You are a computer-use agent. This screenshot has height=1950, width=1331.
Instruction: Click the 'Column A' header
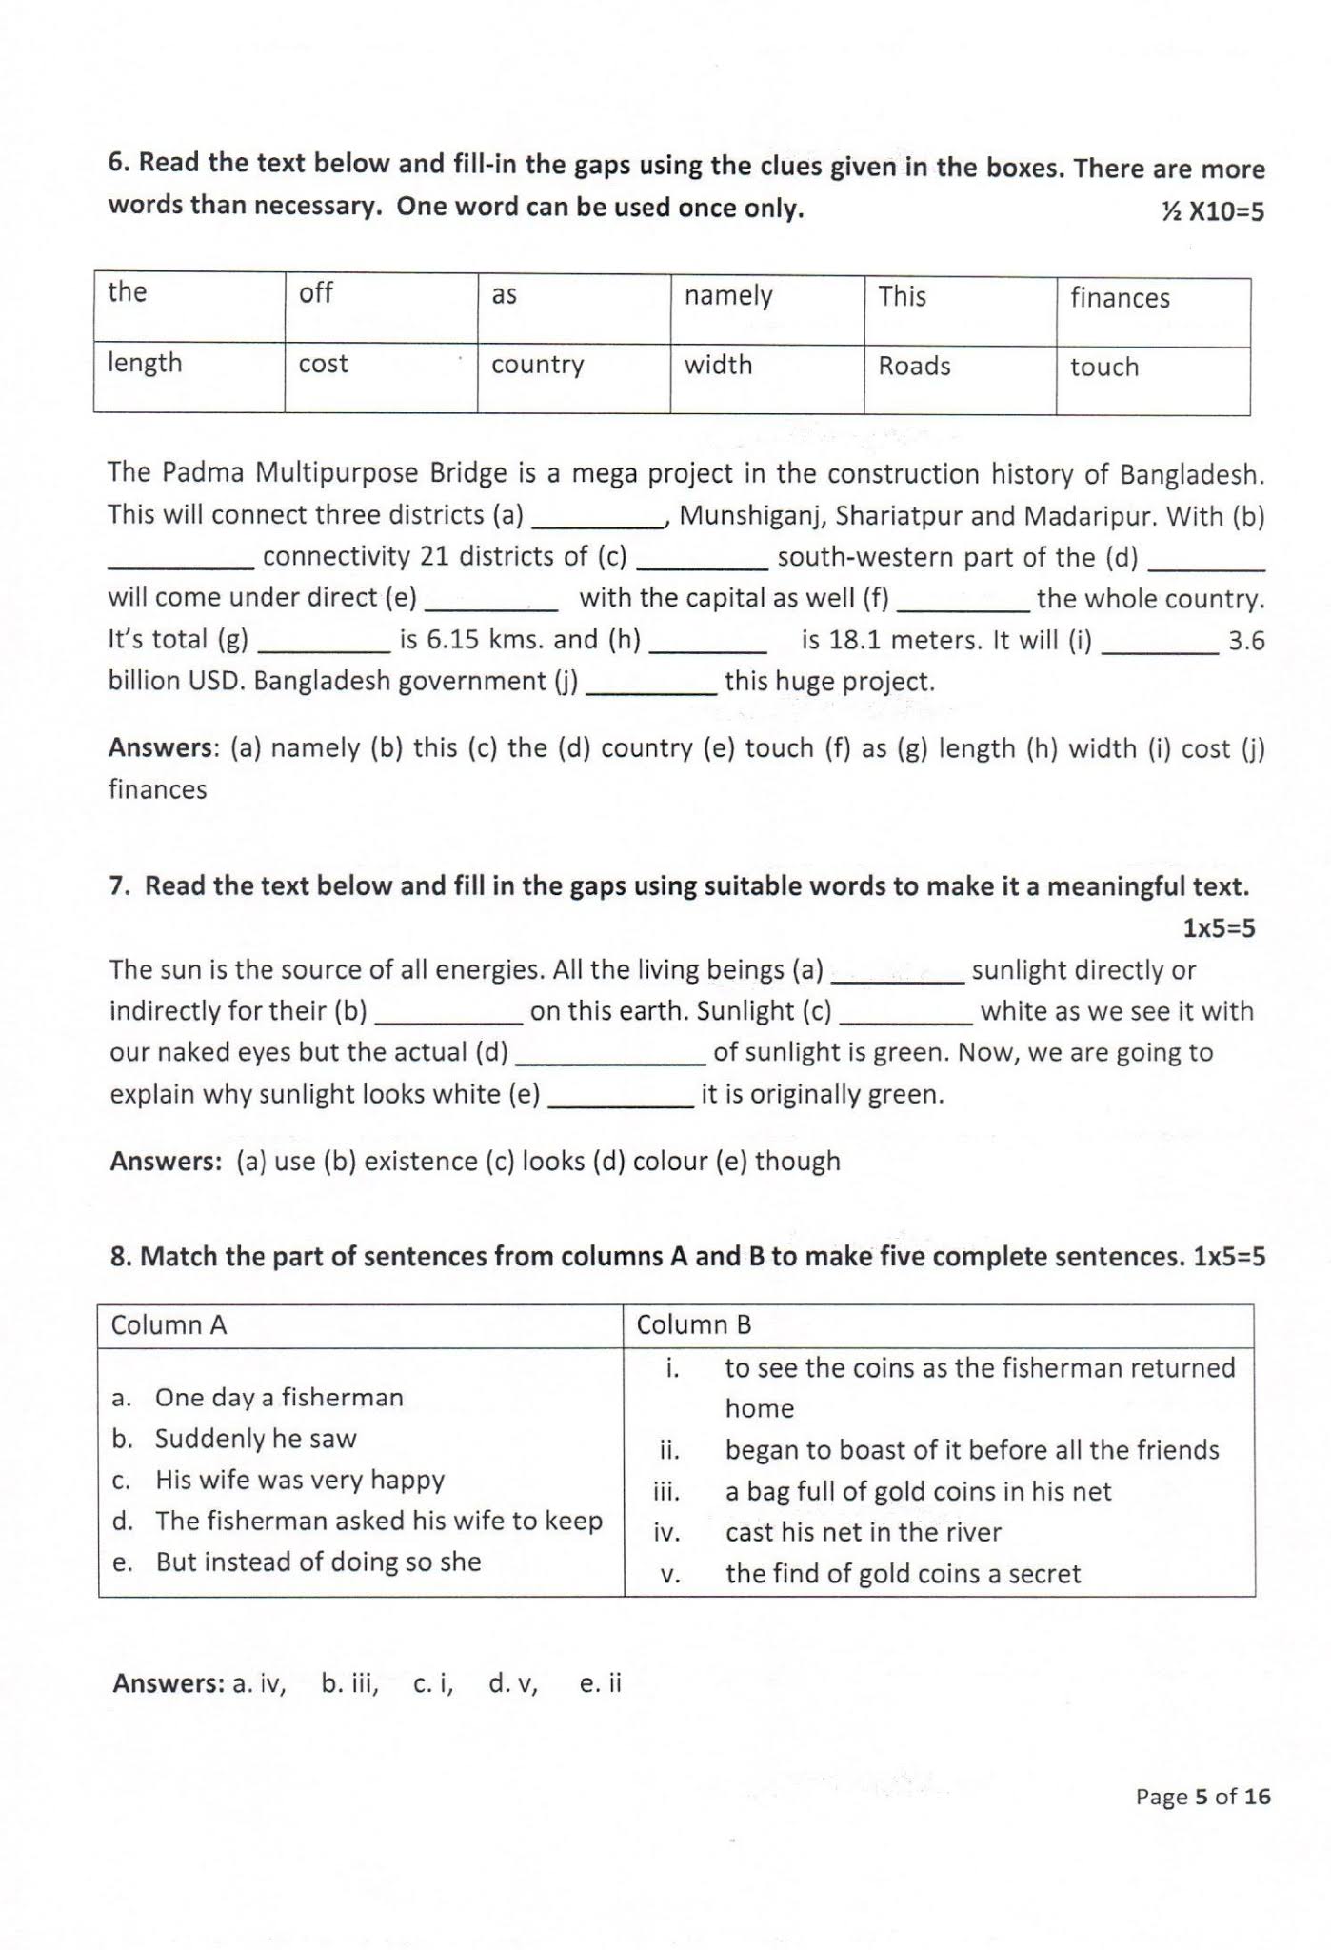coord(169,1325)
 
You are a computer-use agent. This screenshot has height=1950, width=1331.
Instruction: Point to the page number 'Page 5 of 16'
coord(1202,1797)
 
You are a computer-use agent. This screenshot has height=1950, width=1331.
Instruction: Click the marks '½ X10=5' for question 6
coord(1212,211)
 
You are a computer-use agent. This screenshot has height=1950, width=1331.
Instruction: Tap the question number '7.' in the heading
coord(120,886)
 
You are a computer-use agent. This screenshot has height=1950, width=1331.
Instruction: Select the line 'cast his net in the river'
coord(863,1532)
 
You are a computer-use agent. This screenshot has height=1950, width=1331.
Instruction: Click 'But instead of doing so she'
coord(318,1562)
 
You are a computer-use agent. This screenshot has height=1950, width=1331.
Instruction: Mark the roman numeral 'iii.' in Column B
coord(666,1492)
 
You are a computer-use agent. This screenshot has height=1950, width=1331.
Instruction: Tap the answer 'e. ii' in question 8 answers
coord(600,1683)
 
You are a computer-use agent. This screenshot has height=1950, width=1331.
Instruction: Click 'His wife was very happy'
coord(300,1480)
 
